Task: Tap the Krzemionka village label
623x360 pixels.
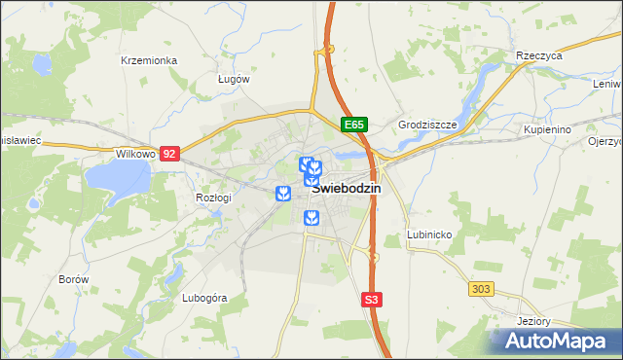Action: click(x=148, y=60)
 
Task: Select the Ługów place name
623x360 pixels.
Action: click(x=234, y=79)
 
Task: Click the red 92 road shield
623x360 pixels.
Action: click(x=170, y=154)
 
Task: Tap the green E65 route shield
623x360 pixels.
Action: click(x=354, y=125)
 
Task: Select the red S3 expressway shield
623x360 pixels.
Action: click(x=371, y=301)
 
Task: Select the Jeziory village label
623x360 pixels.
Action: click(x=535, y=321)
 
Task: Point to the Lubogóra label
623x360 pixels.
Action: click(x=204, y=298)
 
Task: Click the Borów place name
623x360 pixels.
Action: click(x=74, y=279)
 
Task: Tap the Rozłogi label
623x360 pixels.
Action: click(x=213, y=198)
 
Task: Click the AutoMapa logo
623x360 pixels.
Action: click(x=556, y=342)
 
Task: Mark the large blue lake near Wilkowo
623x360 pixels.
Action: click(x=116, y=178)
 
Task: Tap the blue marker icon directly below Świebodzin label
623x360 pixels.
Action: click(x=311, y=217)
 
